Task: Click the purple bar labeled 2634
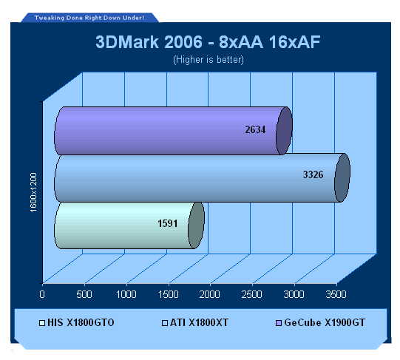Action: pyautogui.click(x=173, y=131)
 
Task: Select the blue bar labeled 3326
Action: pyautogui.click(x=202, y=178)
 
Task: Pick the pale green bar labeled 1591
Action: pyautogui.click(x=129, y=225)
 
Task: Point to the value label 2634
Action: pyautogui.click(x=255, y=129)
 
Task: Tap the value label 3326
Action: pyautogui.click(x=313, y=174)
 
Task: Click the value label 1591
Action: pyautogui.click(x=168, y=223)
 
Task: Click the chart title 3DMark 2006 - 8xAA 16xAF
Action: pyautogui.click(x=208, y=42)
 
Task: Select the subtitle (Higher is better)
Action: pyautogui.click(x=209, y=60)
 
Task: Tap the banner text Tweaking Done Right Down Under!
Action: pyautogui.click(x=89, y=18)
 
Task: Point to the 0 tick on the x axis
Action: pyautogui.click(x=42, y=294)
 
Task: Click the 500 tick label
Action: pyautogui.click(x=84, y=294)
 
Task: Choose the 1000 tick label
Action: pyautogui.click(x=126, y=294)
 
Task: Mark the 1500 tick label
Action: pyautogui.click(x=169, y=294)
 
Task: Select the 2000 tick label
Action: pyautogui.click(x=210, y=294)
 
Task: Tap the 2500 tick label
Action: pyautogui.click(x=252, y=294)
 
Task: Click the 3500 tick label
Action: pyautogui.click(x=336, y=294)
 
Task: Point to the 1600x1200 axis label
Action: pyautogui.click(x=33, y=192)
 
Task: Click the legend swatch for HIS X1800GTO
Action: pyautogui.click(x=42, y=323)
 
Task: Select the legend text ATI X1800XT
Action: pyautogui.click(x=199, y=322)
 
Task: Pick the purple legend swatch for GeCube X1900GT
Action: pyautogui.click(x=279, y=323)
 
